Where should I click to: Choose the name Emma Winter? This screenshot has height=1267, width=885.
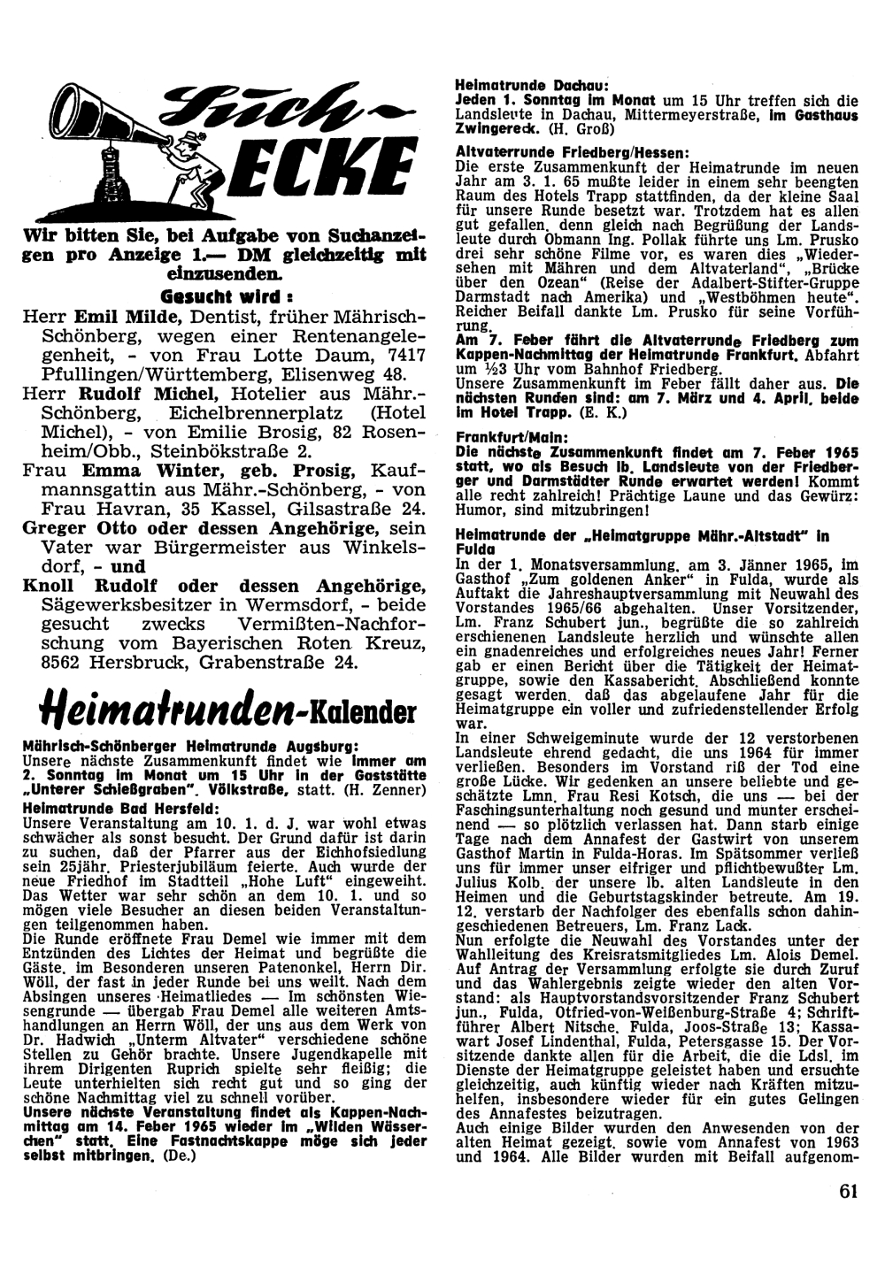tap(128, 471)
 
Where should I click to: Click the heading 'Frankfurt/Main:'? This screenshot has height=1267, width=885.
tap(500, 437)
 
